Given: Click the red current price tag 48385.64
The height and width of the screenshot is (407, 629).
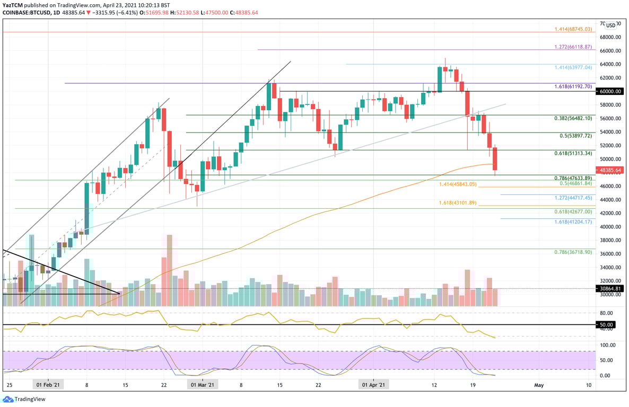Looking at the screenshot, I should pos(610,170).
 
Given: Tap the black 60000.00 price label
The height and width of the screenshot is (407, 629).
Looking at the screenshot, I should pos(610,91).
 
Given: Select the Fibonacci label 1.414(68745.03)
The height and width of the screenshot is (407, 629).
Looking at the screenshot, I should pos(573,29).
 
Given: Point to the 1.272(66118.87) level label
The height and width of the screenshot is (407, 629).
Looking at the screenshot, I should pos(573,47).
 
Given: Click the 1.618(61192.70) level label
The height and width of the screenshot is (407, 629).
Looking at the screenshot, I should pos(573,86).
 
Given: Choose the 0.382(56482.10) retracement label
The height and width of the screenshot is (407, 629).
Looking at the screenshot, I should pos(573,119).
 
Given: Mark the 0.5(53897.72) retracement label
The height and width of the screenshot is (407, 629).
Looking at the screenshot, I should pos(576,136).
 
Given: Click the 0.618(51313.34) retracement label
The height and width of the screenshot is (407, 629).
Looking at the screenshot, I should pos(573,153).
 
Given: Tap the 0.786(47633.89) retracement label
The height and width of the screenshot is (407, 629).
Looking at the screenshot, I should pos(573,178).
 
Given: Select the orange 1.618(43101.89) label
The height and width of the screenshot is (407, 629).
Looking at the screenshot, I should pos(458,203).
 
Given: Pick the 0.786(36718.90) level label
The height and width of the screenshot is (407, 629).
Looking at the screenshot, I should pos(573,252).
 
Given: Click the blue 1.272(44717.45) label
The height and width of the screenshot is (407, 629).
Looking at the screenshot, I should pos(573,198).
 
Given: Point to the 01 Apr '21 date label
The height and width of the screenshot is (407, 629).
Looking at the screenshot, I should pos(373,385).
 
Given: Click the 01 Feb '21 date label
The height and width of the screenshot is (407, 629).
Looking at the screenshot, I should pos(48,385).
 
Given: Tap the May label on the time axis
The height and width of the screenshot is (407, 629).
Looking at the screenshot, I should pos(538,385).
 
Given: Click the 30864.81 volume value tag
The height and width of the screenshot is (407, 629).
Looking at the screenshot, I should pos(610,288).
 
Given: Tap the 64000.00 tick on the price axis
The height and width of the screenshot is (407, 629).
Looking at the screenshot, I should pos(610,64).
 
